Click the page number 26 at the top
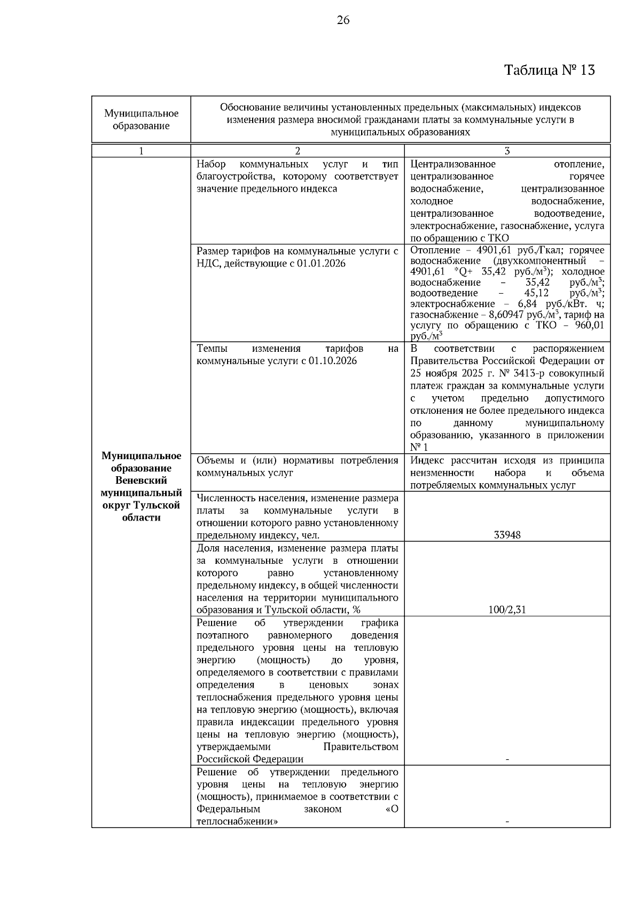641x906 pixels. coord(343,20)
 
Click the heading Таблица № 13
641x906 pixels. coord(549,70)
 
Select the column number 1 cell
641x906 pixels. coord(141,151)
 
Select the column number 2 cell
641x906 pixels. coord(298,151)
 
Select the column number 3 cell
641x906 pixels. coord(507,151)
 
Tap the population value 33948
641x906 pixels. coord(507,535)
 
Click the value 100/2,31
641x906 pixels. coord(507,610)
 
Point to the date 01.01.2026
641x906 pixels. coord(322,264)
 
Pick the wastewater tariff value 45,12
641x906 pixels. coord(536,293)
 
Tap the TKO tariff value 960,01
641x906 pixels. coord(588,325)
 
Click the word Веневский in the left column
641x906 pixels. coord(141,480)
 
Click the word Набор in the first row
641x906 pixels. coord(211,164)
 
